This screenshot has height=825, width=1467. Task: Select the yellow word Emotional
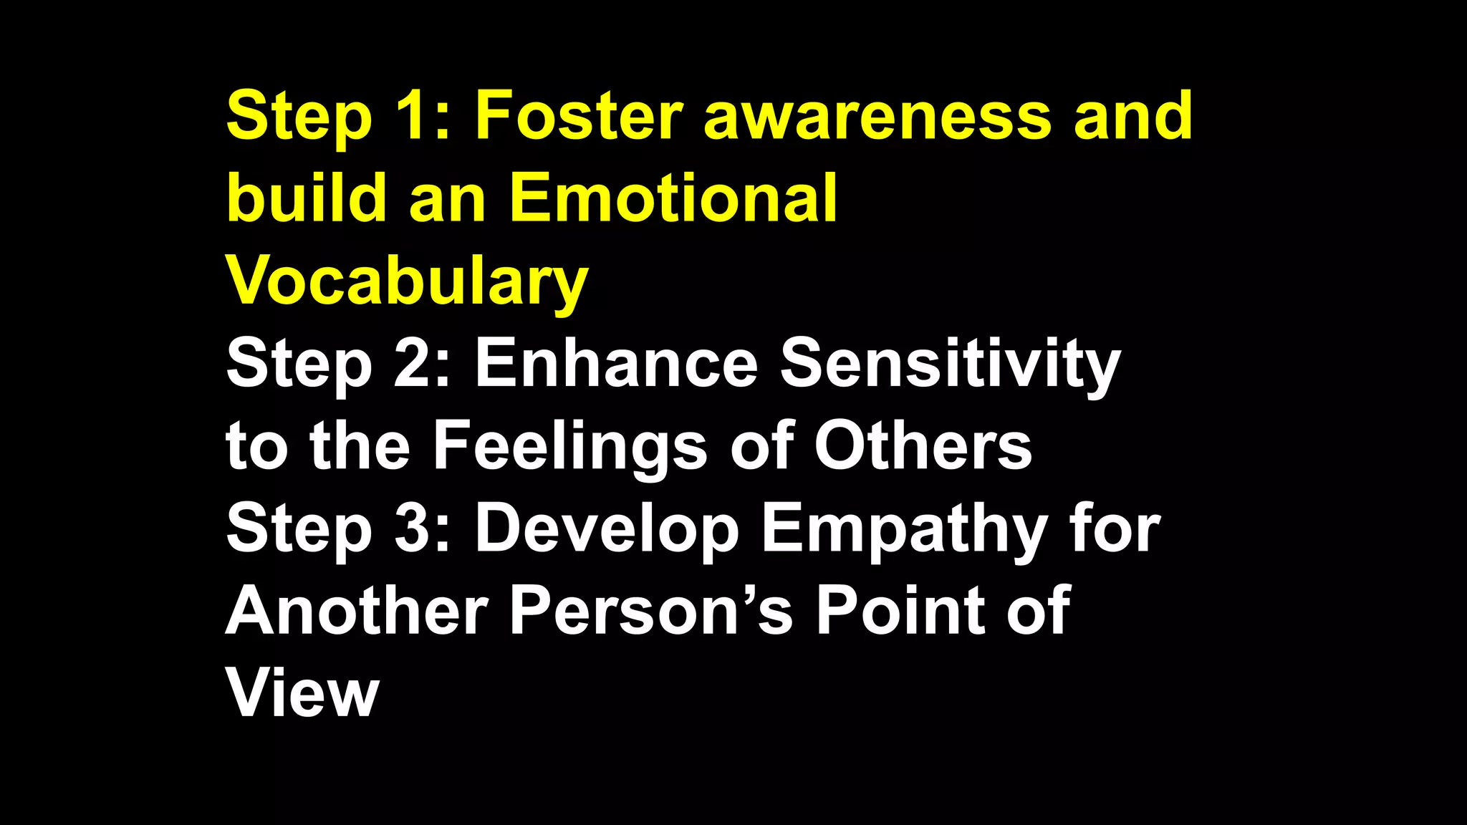coord(673,198)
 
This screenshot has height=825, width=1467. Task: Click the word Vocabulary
coord(407,282)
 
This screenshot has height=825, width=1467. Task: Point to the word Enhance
coord(616,364)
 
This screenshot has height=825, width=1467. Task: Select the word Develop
coord(607,531)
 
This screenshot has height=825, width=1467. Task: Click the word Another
coord(357,612)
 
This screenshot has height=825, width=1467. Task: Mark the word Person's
coord(650,612)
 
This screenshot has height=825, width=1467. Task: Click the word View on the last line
coord(302,694)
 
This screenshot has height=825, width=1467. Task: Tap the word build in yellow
coord(307,198)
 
